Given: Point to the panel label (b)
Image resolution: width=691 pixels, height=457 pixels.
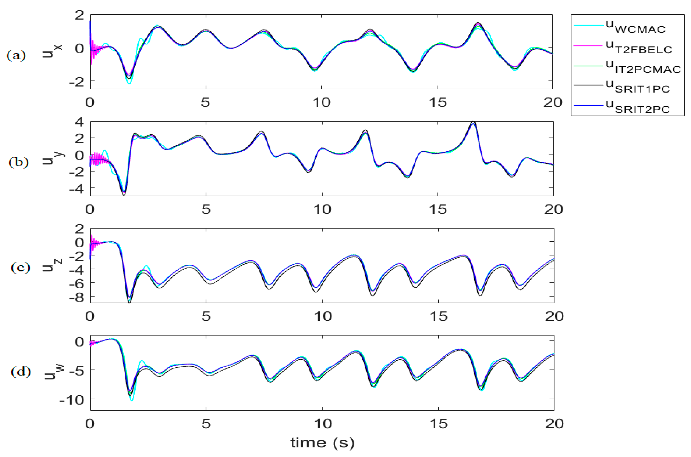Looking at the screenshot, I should coord(19,162).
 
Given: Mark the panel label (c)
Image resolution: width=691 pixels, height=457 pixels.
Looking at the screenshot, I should coord(20,268).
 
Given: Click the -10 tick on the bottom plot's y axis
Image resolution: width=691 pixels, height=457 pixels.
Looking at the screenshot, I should coord(71,400).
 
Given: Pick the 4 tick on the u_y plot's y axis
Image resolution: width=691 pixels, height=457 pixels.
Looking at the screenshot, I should coord(79,122).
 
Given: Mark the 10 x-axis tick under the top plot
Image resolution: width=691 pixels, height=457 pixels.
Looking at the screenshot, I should coord(322,103).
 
